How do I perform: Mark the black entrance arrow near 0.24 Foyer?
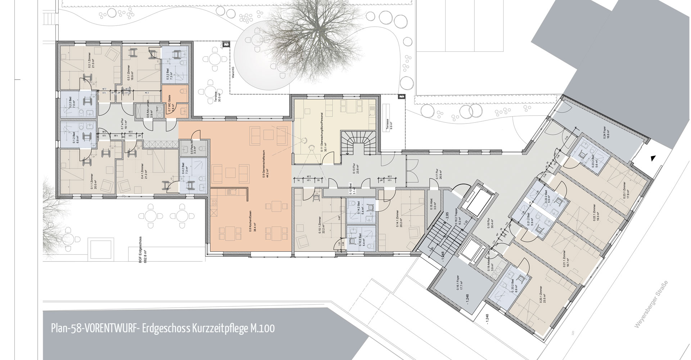point(653,157)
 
